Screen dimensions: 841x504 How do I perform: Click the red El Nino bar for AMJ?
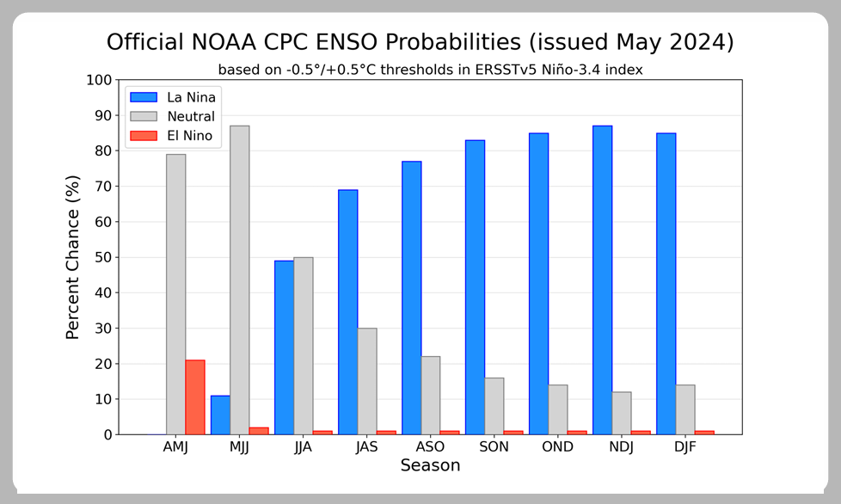point(195,397)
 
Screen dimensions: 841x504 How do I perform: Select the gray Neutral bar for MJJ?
point(240,280)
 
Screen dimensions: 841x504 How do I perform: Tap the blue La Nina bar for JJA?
point(285,347)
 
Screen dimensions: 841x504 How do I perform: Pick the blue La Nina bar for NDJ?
point(602,280)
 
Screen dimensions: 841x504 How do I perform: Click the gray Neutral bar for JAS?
point(367,381)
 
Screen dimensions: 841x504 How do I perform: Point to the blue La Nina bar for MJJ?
point(220,415)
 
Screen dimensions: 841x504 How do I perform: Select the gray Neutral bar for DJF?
point(685,409)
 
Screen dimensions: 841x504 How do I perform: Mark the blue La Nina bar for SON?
point(476,287)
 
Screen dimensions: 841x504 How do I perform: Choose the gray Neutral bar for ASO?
point(431,396)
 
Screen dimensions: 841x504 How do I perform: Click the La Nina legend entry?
point(173,97)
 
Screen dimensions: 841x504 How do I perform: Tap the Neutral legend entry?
point(173,116)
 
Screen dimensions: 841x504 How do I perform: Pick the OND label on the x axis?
point(558,446)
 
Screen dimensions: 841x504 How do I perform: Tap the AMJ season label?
point(176,446)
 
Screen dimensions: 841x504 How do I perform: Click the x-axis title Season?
point(430,465)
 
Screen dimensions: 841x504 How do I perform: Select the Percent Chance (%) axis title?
point(72,257)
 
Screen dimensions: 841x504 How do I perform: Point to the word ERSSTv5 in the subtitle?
point(497,70)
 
